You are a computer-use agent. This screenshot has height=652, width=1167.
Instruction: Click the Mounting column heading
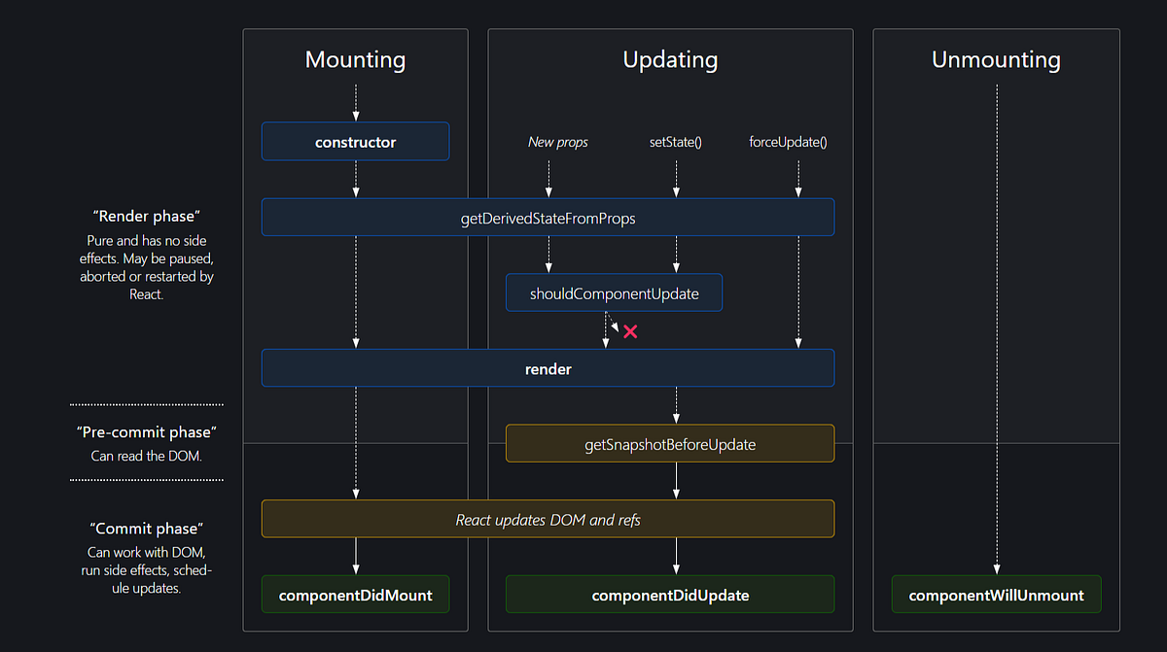click(x=355, y=59)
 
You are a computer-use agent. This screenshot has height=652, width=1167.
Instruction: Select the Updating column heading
click(x=670, y=59)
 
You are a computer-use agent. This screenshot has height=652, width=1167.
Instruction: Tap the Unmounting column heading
click(x=996, y=59)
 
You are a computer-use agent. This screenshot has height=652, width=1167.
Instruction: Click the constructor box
click(x=355, y=142)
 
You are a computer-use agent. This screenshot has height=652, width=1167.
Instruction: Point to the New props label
click(x=557, y=142)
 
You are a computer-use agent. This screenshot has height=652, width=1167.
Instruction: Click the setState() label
click(x=676, y=142)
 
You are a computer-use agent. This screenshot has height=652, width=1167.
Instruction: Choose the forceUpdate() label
click(x=788, y=142)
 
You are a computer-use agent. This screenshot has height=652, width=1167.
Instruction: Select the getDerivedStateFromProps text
click(x=548, y=218)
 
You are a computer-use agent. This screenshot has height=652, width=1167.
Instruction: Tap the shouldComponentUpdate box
click(x=614, y=292)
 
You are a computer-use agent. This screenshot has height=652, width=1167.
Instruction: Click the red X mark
click(x=630, y=331)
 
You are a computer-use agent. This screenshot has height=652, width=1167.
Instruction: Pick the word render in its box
click(x=548, y=369)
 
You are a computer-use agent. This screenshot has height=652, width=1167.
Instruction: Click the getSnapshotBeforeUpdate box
click(x=670, y=444)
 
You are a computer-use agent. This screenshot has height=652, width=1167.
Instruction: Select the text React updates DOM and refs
click(x=548, y=520)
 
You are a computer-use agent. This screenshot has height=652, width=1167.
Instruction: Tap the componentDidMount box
click(x=355, y=595)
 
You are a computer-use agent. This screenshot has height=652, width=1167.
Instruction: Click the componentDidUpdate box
click(x=670, y=595)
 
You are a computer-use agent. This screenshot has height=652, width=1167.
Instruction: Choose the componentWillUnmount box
click(x=996, y=595)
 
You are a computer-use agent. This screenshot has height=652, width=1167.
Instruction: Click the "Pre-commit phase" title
click(x=146, y=431)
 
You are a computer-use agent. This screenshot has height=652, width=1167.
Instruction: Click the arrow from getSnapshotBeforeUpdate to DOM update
click(x=676, y=480)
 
